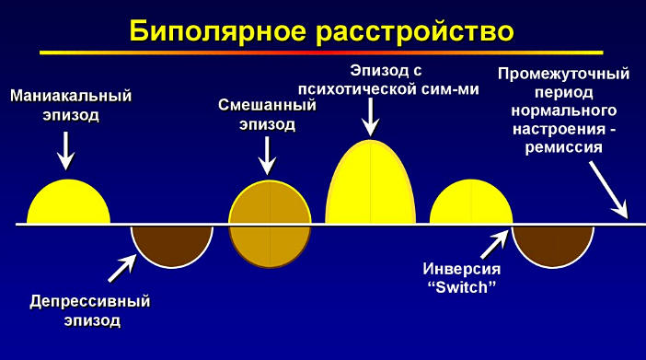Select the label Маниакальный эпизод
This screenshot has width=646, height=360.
click(71, 105)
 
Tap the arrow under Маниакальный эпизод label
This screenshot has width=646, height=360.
click(65, 149)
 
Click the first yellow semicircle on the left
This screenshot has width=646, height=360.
click(68, 203)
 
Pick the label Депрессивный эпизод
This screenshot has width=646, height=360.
click(89, 311)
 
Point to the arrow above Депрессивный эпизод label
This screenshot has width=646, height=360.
click(121, 267)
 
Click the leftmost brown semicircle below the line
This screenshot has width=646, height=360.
click(172, 242)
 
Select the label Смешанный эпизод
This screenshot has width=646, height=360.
click(267, 114)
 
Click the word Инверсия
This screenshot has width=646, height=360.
click(462, 270)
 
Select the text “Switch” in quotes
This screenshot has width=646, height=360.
click(462, 286)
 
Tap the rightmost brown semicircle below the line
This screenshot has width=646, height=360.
click(554, 242)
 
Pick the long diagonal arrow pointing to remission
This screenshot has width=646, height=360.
click(602, 187)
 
